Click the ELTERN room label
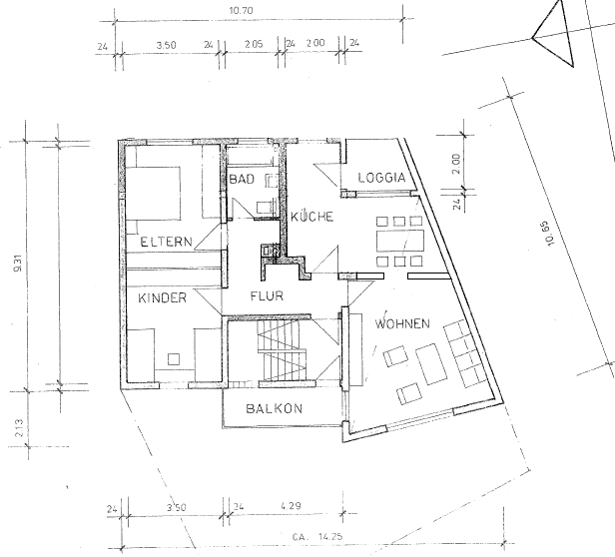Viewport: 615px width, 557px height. coord(167,242)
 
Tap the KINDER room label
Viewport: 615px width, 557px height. coord(163,298)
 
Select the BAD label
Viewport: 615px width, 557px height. coord(242,180)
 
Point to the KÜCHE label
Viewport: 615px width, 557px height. coord(311,217)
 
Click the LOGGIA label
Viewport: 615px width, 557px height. coord(381,178)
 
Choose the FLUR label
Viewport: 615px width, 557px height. coord(267,295)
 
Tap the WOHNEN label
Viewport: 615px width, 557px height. coord(402,323)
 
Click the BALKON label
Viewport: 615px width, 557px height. coord(275,408)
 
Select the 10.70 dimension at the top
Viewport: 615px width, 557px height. coord(241,11)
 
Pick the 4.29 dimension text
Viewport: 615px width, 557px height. coord(292,506)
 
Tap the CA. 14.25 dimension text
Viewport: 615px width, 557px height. coord(317,536)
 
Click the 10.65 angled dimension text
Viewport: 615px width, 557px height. coord(550,235)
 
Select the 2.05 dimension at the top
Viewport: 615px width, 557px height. coord(254,44)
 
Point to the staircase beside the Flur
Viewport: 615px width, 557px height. coord(281,350)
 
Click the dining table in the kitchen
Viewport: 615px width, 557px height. coord(400,241)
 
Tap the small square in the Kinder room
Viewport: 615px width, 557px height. coord(174,359)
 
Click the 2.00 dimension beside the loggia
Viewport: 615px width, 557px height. coord(455,164)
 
